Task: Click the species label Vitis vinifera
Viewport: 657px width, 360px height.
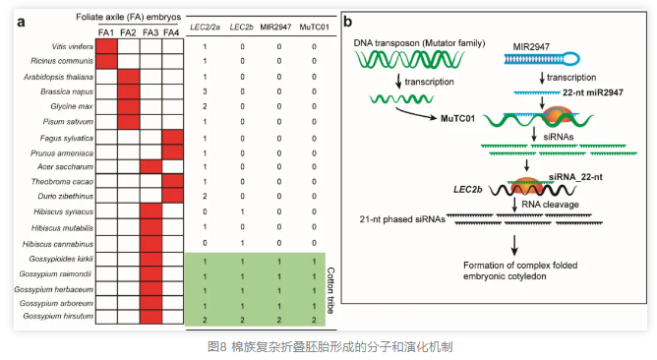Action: (73, 46)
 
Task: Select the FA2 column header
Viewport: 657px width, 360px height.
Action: (128, 32)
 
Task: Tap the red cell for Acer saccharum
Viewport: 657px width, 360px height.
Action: (150, 167)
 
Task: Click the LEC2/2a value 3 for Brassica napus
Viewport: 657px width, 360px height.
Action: (205, 91)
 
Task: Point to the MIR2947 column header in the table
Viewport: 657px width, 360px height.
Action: (275, 28)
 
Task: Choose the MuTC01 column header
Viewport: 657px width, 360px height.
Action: (315, 28)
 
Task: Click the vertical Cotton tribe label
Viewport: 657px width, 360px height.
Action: (330, 290)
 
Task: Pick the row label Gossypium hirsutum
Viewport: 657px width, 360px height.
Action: (58, 316)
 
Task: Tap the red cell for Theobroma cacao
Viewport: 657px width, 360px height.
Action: (173, 181)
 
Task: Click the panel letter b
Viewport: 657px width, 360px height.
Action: (348, 22)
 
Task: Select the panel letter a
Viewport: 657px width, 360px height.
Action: (21, 22)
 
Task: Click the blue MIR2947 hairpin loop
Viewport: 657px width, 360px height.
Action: (570, 58)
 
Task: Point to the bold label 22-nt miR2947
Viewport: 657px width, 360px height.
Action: (592, 92)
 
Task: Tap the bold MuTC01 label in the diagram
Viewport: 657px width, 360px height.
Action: (457, 119)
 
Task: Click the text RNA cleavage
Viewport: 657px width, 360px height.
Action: (550, 205)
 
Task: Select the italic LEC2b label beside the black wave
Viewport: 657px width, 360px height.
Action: (467, 190)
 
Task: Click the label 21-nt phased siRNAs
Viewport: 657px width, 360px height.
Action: (402, 219)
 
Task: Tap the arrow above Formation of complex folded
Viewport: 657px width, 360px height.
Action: (514, 245)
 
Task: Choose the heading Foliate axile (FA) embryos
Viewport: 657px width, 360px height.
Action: (128, 17)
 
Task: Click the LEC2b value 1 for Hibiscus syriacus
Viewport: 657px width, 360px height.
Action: (242, 212)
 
